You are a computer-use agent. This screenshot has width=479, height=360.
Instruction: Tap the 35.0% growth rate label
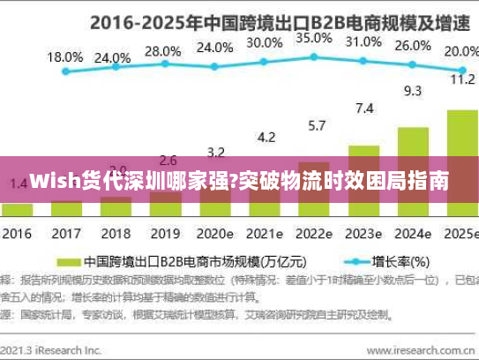(313, 39)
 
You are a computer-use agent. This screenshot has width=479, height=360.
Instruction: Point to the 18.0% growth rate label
(64, 56)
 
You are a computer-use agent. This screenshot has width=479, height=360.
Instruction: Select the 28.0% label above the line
(162, 51)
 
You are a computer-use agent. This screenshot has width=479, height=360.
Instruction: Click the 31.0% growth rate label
(363, 41)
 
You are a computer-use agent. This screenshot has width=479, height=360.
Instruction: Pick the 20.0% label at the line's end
(460, 51)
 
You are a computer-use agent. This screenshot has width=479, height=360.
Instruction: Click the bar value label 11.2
(462, 79)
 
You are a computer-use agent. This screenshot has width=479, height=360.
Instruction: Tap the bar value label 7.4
(363, 109)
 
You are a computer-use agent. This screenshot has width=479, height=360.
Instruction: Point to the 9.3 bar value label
(413, 90)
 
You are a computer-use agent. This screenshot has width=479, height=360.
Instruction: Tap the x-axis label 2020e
(214, 235)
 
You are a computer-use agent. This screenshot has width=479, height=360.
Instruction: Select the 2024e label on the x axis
(412, 235)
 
